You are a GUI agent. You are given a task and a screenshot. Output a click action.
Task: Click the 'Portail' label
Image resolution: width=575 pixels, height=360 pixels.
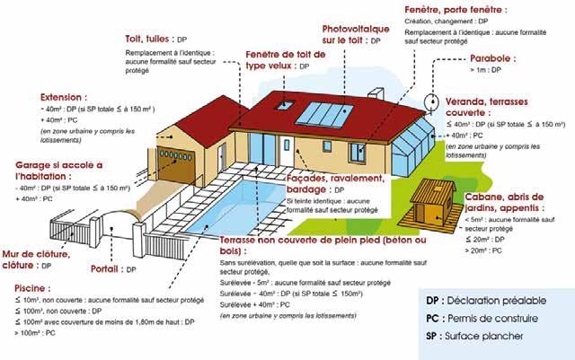(109, 268)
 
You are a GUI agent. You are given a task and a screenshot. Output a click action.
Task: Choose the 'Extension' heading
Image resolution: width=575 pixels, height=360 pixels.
(63, 95)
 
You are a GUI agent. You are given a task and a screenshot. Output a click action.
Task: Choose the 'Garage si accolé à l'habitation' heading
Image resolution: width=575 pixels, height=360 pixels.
(60, 171)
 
